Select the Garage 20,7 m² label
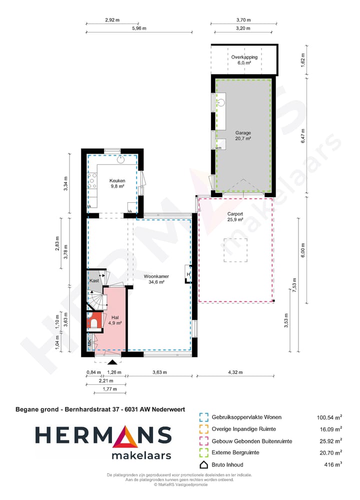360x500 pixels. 243,136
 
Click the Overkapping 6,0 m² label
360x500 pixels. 244,60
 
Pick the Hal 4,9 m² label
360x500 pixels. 115,320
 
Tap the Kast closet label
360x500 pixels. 94,281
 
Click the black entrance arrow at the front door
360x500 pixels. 113,361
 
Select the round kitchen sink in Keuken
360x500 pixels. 120,160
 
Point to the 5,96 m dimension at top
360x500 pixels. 139,29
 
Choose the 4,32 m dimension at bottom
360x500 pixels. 235,372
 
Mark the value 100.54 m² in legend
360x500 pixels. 329,417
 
